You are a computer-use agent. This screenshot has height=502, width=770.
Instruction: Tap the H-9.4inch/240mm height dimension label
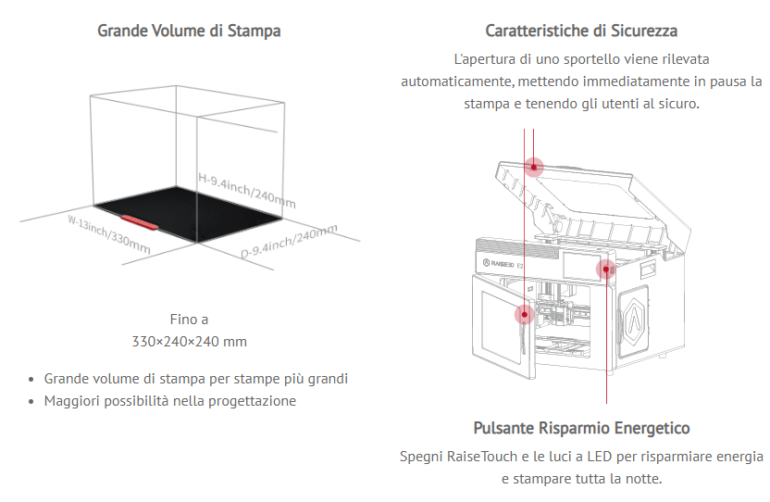point(247,189)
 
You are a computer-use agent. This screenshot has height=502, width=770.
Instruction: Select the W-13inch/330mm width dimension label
point(108,234)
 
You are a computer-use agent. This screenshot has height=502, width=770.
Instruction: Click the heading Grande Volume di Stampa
point(190,31)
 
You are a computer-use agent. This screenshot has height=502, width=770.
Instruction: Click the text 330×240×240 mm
point(190,341)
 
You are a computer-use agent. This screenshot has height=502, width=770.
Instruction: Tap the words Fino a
point(190,320)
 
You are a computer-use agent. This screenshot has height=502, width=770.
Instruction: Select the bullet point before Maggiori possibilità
point(32,402)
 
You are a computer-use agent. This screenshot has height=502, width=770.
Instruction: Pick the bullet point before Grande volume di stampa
point(32,380)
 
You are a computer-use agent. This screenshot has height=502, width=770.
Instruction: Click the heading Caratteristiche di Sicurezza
point(581,31)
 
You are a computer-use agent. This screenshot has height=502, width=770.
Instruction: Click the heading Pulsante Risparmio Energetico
point(581,428)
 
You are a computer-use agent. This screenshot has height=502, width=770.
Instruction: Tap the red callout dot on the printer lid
point(534,167)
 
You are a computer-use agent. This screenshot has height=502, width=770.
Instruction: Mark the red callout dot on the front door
point(525,315)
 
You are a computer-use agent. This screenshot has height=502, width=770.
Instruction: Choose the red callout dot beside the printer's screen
point(606,269)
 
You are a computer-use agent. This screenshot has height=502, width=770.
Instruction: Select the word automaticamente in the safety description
point(452,82)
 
